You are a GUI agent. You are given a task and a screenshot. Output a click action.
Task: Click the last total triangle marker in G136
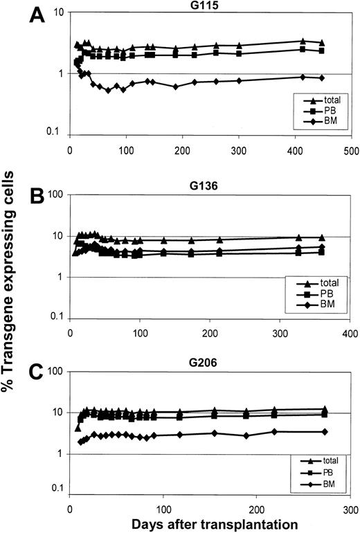(x=321, y=237)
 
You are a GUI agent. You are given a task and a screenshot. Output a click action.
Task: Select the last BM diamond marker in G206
(x=325, y=431)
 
